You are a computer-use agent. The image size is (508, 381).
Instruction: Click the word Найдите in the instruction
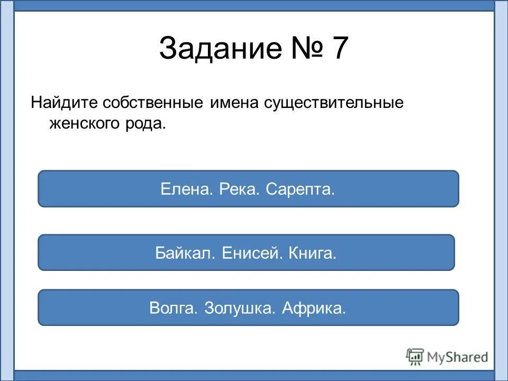pyautogui.click(x=65, y=102)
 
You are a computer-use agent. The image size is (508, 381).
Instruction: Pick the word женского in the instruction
pyautogui.click(x=84, y=124)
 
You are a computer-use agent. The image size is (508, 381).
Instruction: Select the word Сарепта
pyautogui.click(x=301, y=189)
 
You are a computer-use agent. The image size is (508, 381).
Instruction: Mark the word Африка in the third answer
pyautogui.click(x=314, y=308)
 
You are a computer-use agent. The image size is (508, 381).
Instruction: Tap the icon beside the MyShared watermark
pyautogui.click(x=415, y=357)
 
